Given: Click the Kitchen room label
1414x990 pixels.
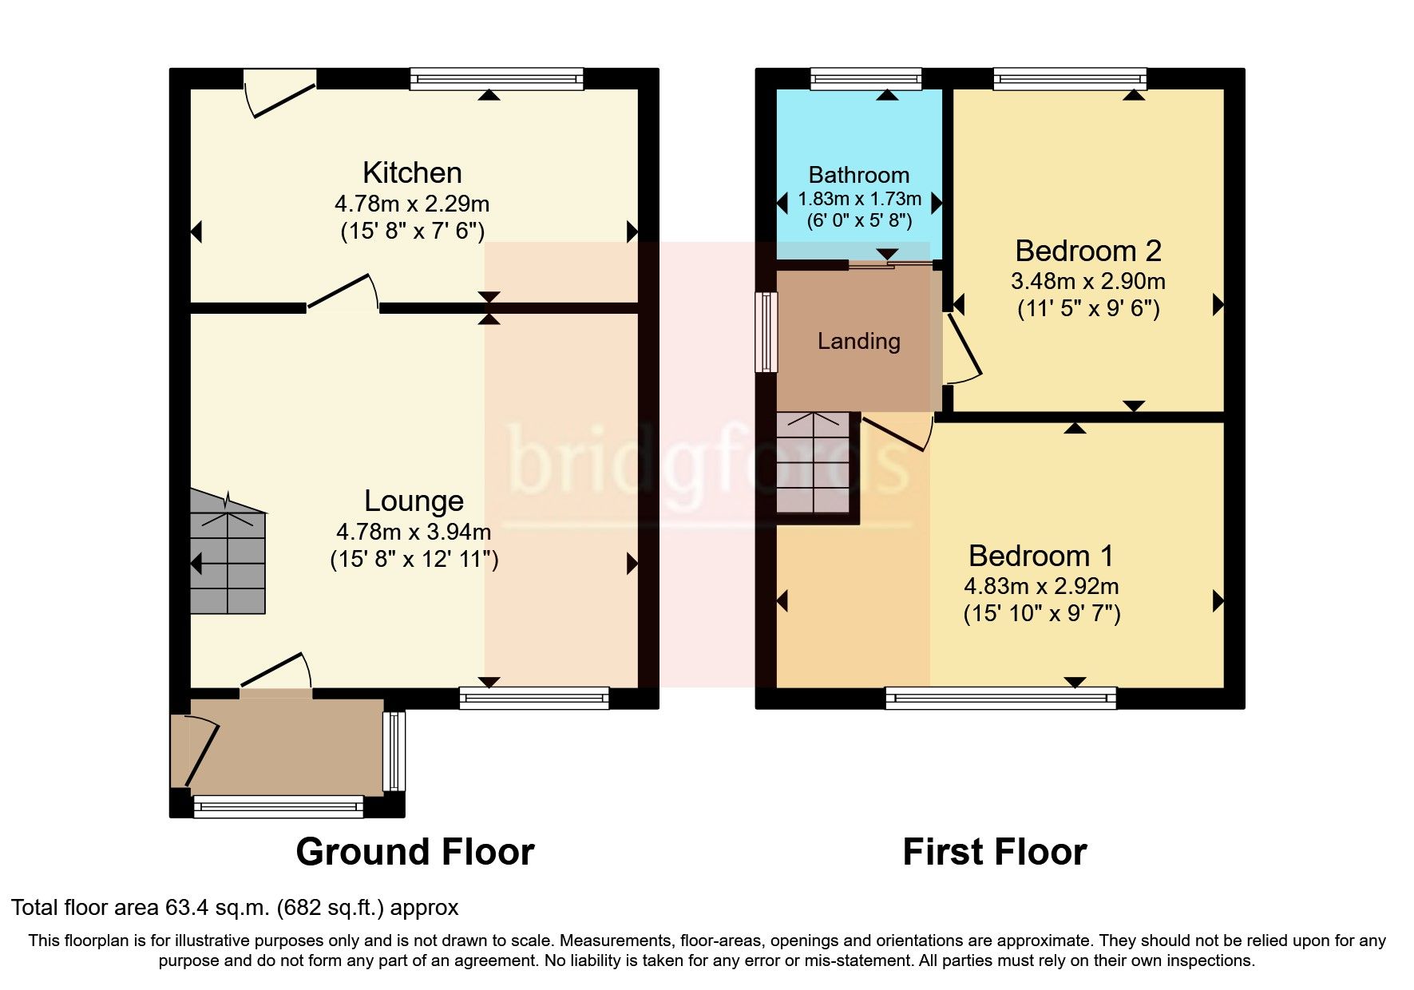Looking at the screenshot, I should pyautogui.click(x=412, y=172).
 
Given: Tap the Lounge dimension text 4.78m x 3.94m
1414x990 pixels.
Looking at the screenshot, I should pyautogui.click(x=414, y=532).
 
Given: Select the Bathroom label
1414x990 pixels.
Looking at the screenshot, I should pyautogui.click(x=858, y=175).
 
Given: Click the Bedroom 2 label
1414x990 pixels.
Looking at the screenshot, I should pyautogui.click(x=1087, y=251).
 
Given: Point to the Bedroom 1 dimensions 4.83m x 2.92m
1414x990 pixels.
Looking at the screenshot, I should pyautogui.click(x=1041, y=586).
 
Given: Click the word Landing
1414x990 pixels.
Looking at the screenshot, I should pyautogui.click(x=858, y=342).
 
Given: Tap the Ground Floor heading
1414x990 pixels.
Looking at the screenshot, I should pyautogui.click(x=414, y=852).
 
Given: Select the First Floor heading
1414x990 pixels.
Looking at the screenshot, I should pyautogui.click(x=994, y=852).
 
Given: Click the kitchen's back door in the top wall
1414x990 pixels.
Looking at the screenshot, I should pyautogui.click(x=279, y=94).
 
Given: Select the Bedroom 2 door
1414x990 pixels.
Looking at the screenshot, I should pyautogui.click(x=962, y=347).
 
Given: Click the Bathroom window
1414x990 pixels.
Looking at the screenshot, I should pyautogui.click(x=865, y=78).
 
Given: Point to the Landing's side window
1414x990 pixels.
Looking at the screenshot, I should pyautogui.click(x=767, y=331).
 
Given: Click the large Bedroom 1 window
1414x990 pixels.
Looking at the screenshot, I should pyautogui.click(x=1000, y=699).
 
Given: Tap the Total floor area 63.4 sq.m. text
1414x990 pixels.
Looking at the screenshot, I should pyautogui.click(x=235, y=908).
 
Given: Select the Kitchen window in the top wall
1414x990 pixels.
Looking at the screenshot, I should pyautogui.click(x=497, y=78).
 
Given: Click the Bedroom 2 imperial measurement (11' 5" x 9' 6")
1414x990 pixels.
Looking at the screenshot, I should pyautogui.click(x=1087, y=309).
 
